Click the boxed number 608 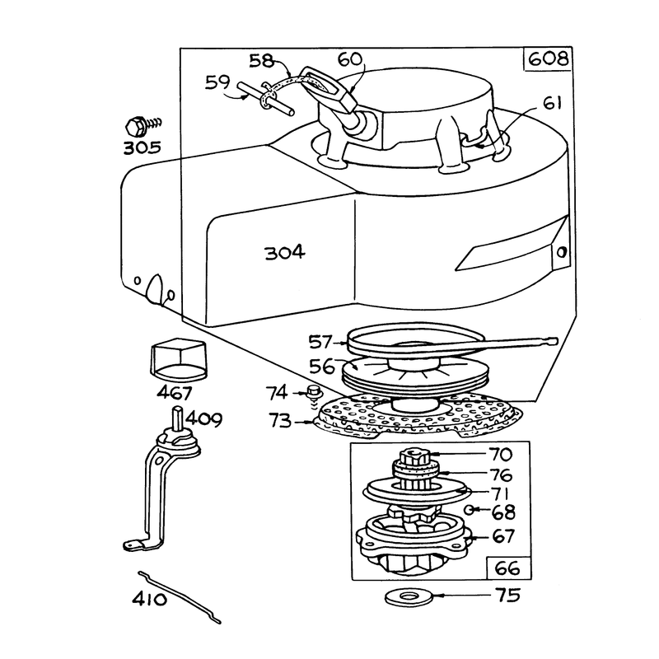[x=548, y=58]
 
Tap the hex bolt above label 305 [x=142, y=126]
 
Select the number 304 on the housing [x=285, y=253]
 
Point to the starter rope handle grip [x=329, y=87]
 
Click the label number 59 [x=217, y=82]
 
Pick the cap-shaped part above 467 [x=179, y=359]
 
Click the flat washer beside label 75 [x=409, y=596]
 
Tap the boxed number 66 [x=507, y=568]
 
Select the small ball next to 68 [x=469, y=510]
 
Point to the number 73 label [x=280, y=420]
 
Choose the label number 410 [x=150, y=599]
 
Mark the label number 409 [x=204, y=419]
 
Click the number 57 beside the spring [x=320, y=342]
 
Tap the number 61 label [x=552, y=103]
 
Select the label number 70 [x=501, y=455]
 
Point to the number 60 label [x=349, y=59]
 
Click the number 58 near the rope [x=261, y=61]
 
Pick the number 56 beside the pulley [x=322, y=366]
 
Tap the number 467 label [x=175, y=393]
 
